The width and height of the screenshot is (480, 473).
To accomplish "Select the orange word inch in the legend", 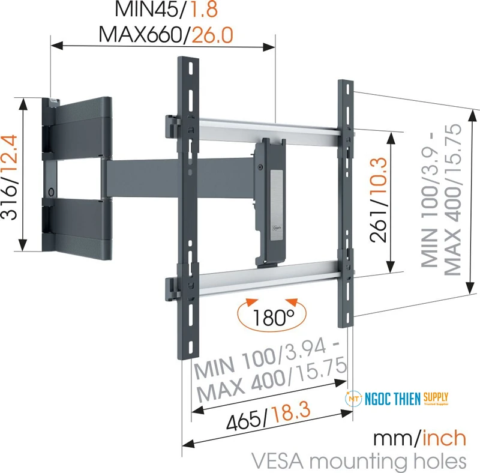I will coord(445,438).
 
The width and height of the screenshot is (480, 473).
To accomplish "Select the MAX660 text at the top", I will coord(140,35).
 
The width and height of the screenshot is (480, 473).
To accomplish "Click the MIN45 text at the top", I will coord(154,10).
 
